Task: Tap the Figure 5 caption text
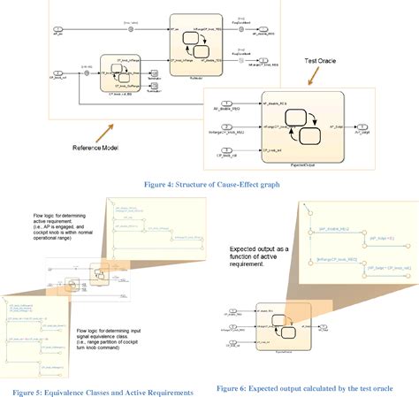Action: pyautogui.click(x=103, y=390)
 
